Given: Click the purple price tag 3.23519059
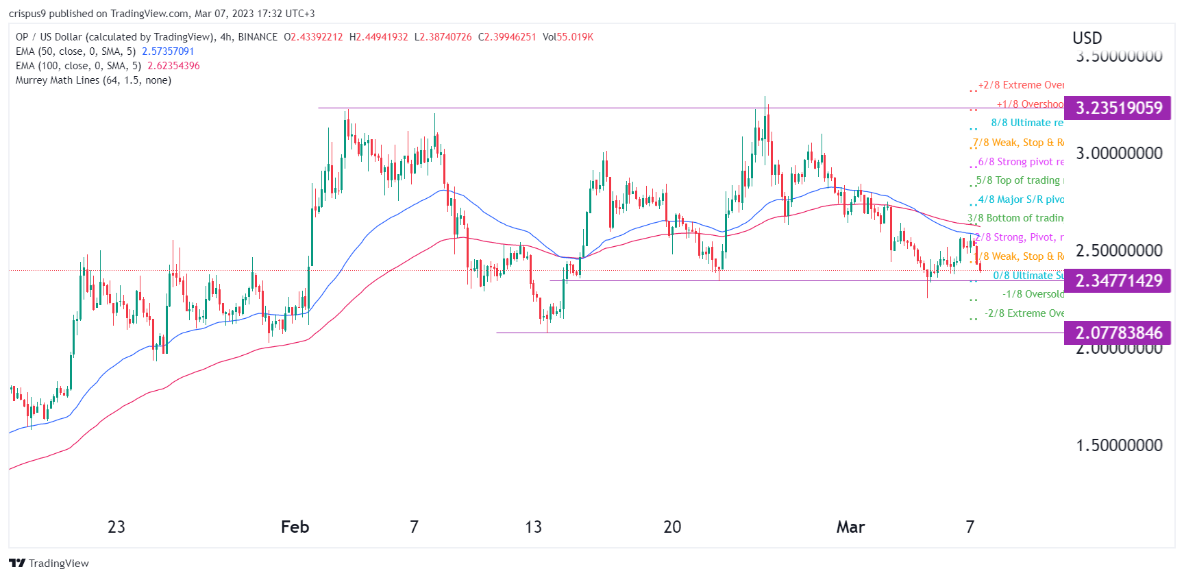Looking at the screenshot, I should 1118,108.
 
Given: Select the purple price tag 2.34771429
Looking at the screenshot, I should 1118,281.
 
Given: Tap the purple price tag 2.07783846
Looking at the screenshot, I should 1118,333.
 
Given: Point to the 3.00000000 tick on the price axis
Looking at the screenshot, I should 1119,154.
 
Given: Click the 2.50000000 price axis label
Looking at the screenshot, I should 1119,251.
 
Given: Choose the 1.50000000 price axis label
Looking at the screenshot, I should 1119,446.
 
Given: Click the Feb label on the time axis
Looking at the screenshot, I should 295,527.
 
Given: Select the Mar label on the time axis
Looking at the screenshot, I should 850,527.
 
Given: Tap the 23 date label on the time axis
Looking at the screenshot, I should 116,527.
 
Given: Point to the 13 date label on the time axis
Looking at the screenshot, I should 533,527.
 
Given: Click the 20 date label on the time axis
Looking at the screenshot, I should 672,527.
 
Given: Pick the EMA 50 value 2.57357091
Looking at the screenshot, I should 168,51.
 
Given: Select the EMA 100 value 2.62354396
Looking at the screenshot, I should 173,66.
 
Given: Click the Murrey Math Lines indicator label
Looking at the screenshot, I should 93,80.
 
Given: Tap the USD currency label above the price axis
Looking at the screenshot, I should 1087,38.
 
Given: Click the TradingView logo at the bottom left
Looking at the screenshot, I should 49,564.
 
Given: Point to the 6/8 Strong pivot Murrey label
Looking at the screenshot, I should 1021,162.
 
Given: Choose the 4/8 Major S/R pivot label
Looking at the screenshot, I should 1021,200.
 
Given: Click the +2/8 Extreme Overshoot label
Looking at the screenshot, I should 1021,85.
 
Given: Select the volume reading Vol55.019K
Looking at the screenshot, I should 568,37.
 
